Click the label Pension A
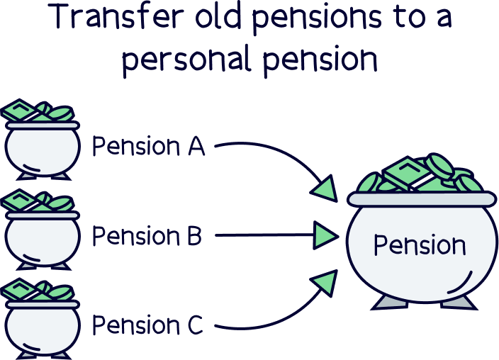click(149, 147)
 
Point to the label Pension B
click(147, 236)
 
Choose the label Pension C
click(148, 326)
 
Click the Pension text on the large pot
click(420, 245)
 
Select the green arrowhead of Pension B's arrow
click(325, 233)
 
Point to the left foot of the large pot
click(388, 303)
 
